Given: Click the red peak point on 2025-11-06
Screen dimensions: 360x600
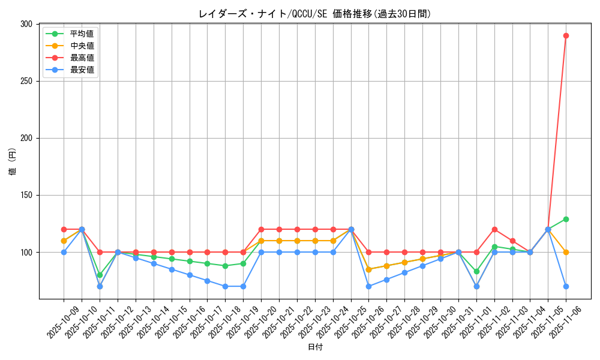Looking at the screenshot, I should [x=566, y=35].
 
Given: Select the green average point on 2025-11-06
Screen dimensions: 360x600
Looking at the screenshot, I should [x=566, y=219].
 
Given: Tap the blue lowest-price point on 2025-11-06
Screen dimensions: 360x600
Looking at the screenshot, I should [x=566, y=286].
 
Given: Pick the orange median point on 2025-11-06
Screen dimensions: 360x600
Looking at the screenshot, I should [x=566, y=252].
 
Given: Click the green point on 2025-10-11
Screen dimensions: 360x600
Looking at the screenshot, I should [x=100, y=275].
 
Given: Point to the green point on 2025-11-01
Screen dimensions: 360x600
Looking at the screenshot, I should [x=476, y=271].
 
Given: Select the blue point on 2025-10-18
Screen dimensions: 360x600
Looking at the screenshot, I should [x=225, y=286].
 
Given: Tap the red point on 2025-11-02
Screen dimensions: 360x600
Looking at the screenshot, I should [x=494, y=229].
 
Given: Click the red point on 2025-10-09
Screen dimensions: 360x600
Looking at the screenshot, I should [x=64, y=229].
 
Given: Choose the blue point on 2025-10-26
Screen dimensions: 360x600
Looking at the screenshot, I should [x=368, y=286].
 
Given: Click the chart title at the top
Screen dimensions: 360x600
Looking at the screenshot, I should [x=314, y=14].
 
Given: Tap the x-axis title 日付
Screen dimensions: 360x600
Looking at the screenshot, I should [x=314, y=347].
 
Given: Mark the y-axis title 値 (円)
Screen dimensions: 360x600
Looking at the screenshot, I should [x=13, y=161].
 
